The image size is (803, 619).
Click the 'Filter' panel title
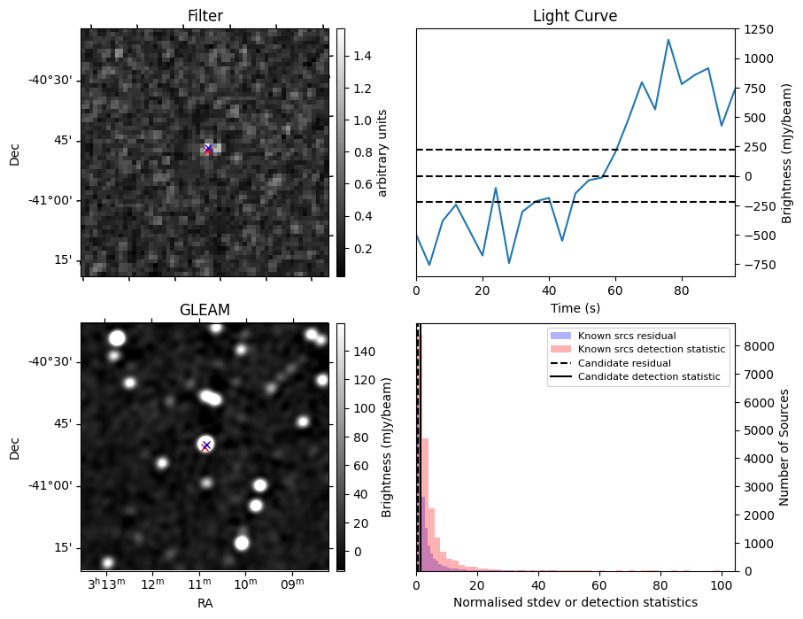click(205, 16)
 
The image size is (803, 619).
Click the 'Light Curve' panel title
click(575, 16)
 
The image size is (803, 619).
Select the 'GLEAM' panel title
click(205, 310)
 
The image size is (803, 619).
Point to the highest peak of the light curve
click(668, 40)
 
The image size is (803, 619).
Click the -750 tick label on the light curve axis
click(757, 265)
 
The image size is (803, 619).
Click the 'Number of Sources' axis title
click(784, 446)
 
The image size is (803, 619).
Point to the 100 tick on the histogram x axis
click(721, 584)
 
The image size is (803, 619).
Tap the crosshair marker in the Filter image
click(208, 149)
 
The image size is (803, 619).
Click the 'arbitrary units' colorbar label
click(383, 152)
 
